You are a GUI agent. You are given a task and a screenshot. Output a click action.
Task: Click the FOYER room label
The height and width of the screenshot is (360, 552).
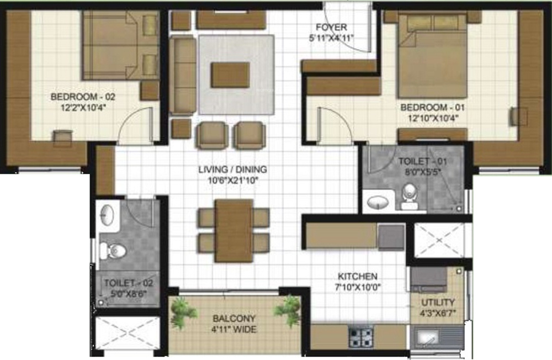(331, 27)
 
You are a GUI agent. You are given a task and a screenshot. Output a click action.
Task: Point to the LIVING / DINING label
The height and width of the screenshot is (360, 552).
(232, 169)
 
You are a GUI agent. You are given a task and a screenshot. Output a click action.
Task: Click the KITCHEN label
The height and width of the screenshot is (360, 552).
(358, 276)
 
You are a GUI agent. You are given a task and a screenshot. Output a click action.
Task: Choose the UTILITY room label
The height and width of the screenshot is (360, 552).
(438, 302)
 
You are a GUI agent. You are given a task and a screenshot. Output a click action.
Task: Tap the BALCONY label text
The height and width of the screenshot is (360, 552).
(234, 319)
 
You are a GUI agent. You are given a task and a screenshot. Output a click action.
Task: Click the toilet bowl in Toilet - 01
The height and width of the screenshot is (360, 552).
(409, 193)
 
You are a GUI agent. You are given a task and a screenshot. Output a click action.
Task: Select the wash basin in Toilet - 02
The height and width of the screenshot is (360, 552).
(108, 215)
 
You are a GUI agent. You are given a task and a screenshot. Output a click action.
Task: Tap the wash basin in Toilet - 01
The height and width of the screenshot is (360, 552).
(378, 203)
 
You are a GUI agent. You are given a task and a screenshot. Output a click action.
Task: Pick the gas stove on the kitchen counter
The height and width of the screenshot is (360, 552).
(360, 336)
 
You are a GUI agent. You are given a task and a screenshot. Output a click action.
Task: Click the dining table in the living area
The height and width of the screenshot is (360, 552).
(233, 230)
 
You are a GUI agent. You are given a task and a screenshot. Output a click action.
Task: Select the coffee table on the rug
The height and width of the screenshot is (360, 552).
(230, 75)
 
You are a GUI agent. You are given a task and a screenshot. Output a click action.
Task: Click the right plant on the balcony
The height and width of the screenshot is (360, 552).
(287, 311)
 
